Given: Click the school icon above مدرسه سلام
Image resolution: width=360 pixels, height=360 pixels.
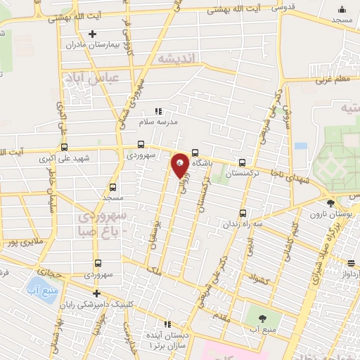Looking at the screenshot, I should (158, 111).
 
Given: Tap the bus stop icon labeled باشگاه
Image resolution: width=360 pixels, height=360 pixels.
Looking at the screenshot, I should (195, 153).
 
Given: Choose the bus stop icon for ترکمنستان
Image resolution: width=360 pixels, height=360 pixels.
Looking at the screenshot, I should (243, 161).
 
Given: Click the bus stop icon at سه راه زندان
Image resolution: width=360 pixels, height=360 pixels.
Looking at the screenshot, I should (243, 213).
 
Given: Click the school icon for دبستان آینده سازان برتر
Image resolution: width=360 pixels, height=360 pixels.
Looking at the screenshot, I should (167, 324).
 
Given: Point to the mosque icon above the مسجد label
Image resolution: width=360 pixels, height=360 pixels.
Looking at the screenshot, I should (342, 9).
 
